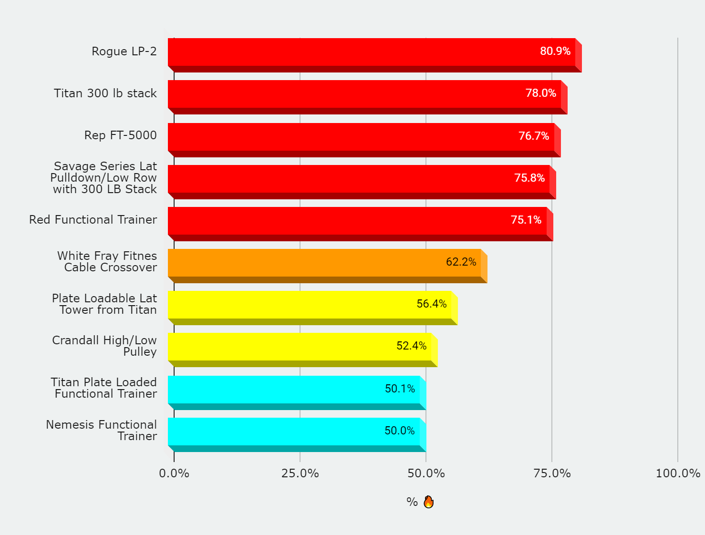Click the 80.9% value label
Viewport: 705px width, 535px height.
tap(555, 51)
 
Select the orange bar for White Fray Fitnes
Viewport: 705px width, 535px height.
tap(324, 263)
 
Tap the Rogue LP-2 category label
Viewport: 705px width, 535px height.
tap(124, 51)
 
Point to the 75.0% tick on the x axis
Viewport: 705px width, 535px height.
tap(552, 473)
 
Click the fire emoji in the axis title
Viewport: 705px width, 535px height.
tap(428, 502)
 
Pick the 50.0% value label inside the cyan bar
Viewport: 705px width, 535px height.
tap(399, 431)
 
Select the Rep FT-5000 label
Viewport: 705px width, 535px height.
tap(120, 135)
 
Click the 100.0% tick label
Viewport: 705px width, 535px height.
tap(678, 473)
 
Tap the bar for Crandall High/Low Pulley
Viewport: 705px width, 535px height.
tap(300, 347)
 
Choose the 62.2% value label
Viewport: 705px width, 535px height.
tap(461, 262)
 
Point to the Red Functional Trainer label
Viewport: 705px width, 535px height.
tap(93, 220)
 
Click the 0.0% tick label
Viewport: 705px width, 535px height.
tap(174, 473)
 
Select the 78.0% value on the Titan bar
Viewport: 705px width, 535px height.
tap(540, 93)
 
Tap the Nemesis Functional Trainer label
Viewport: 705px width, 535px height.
tap(102, 430)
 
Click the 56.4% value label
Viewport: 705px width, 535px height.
tap(431, 304)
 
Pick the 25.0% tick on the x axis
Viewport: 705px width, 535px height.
tap(300, 473)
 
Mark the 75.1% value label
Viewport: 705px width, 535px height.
tap(526, 220)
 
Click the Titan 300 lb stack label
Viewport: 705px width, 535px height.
tap(105, 93)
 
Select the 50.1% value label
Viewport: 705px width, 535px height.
tap(400, 389)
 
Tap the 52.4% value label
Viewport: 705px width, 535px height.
tap(411, 346)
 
